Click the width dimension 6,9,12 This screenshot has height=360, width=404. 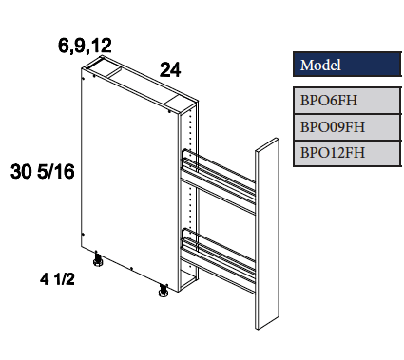pyautogui.click(x=85, y=45)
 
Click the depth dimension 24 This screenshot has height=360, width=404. pyautogui.click(x=170, y=69)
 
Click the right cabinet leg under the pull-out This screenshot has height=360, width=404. pyautogui.click(x=161, y=291)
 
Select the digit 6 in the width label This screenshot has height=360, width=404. pyautogui.click(x=64, y=45)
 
